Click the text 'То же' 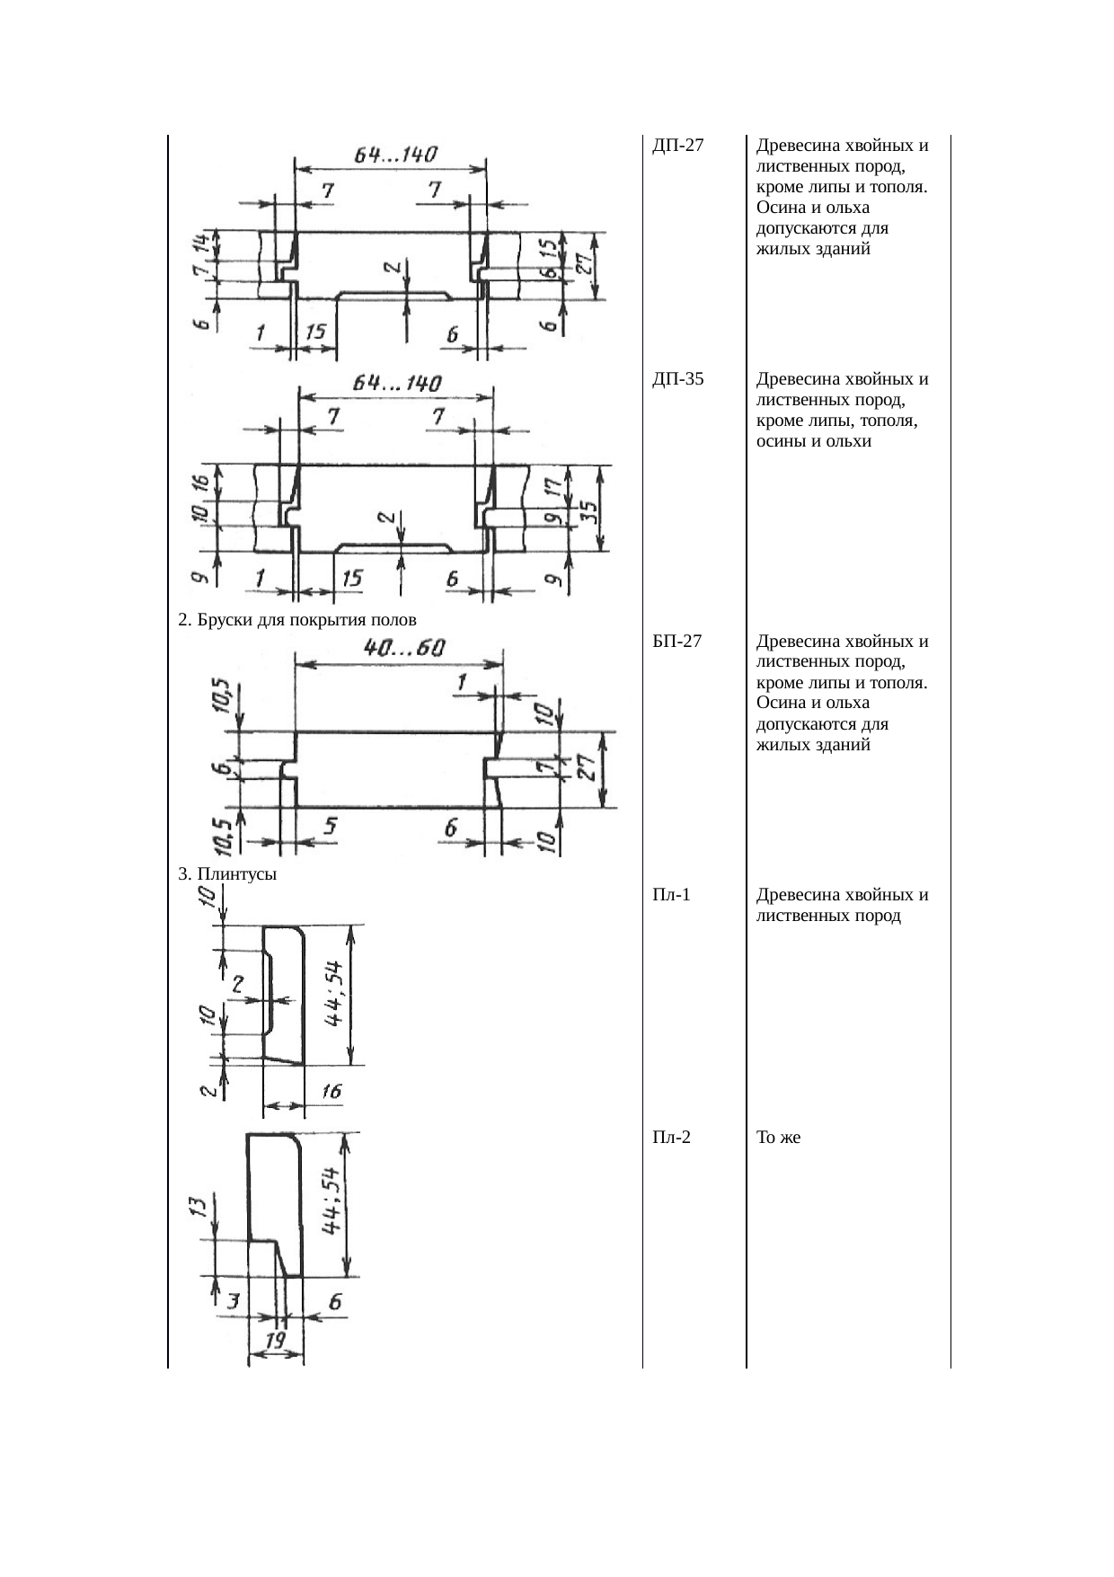(x=778, y=1138)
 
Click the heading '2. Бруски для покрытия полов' (x=297, y=620)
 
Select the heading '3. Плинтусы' (x=227, y=873)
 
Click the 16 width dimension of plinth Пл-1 (x=331, y=1091)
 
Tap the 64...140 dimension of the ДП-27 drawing (x=395, y=155)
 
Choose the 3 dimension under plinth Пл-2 (x=233, y=1301)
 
